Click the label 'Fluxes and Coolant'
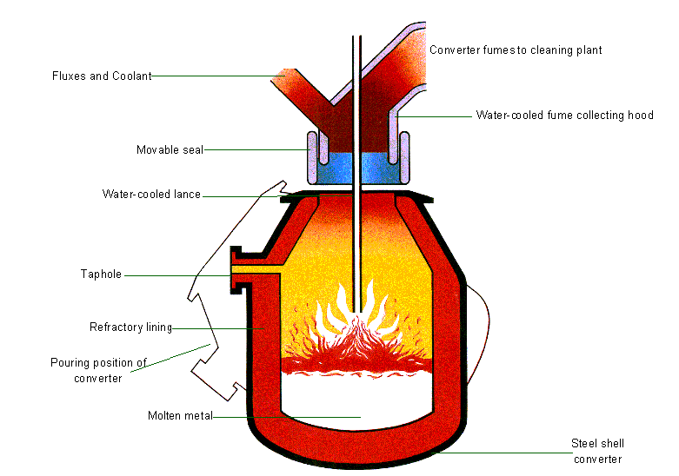click(x=102, y=76)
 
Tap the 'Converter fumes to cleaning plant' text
click(x=516, y=50)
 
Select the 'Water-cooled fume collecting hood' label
click(x=564, y=115)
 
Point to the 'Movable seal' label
click(x=170, y=149)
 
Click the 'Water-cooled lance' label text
click(x=151, y=194)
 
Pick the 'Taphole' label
click(x=101, y=274)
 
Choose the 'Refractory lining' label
click(x=130, y=327)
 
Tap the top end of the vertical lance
click(x=356, y=39)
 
